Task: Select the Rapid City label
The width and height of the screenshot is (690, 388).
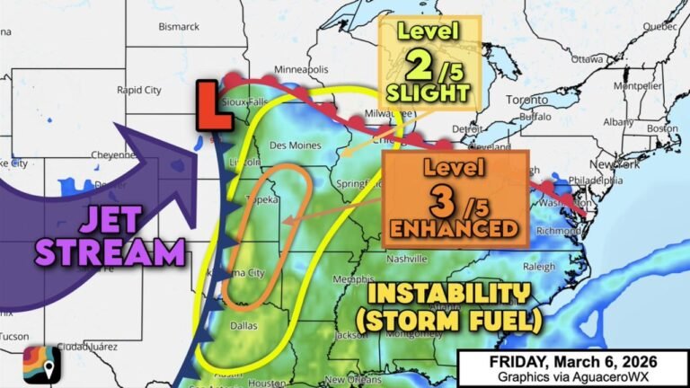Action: point(140,90)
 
